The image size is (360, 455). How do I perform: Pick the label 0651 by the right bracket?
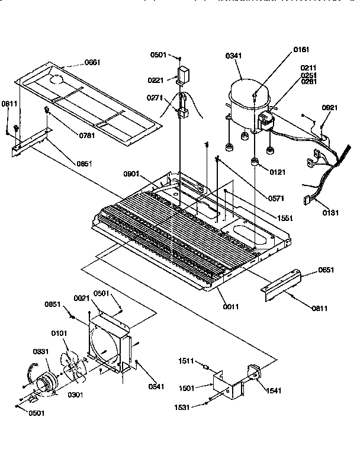click(326, 270)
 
